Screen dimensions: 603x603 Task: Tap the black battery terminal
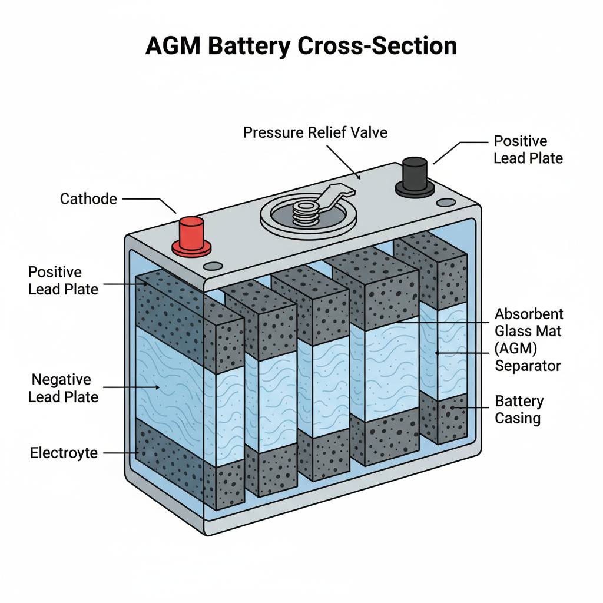tap(414, 175)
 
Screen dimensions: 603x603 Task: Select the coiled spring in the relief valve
tap(304, 211)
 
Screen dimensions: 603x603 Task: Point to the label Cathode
tap(88, 198)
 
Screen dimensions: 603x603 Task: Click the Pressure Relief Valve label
tap(315, 132)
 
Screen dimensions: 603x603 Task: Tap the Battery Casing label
tap(519, 410)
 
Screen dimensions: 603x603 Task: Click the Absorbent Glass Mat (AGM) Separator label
tap(528, 339)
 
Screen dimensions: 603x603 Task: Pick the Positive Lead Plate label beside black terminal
tap(528, 150)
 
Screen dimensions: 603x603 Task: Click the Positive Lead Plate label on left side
tap(63, 280)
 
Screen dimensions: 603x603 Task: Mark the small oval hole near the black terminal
tap(446, 203)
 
